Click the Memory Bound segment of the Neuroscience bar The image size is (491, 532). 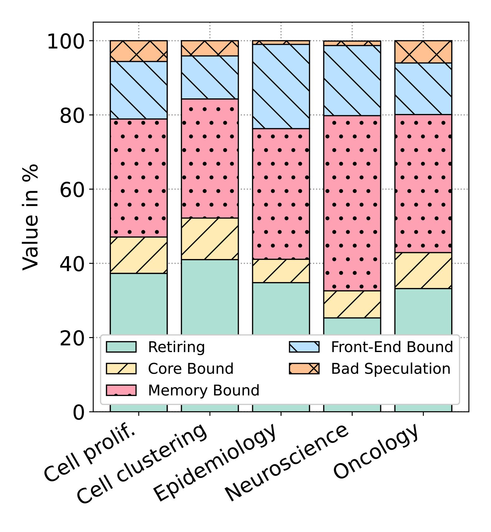pyautogui.click(x=352, y=203)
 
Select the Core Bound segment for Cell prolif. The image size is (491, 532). pyautogui.click(x=138, y=255)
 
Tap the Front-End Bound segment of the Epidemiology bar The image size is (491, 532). pyautogui.click(x=281, y=86)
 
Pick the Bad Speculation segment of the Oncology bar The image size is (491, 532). pyautogui.click(x=423, y=52)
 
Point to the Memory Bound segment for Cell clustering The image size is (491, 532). pyautogui.click(x=210, y=158)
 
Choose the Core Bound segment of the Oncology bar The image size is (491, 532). pyautogui.click(x=423, y=270)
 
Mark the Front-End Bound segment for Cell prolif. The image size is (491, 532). pyautogui.click(x=138, y=90)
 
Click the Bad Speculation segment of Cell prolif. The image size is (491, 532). pyautogui.click(x=138, y=51)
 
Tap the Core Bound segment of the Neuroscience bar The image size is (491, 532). pyautogui.click(x=352, y=304)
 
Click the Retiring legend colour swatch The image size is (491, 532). pyautogui.click(x=121, y=347)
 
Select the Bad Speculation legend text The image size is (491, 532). pyautogui.click(x=390, y=369)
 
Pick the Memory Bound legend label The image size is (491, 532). pyautogui.click(x=204, y=390)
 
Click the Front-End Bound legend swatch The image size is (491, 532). pyautogui.click(x=304, y=347)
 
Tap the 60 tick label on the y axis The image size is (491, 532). pyautogui.click(x=72, y=190)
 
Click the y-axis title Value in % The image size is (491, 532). pyautogui.click(x=30, y=217)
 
